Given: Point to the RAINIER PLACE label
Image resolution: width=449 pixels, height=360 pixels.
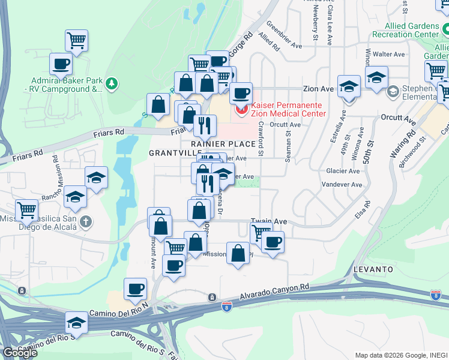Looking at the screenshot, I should [223, 144].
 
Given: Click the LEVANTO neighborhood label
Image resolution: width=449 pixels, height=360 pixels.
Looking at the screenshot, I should [373, 269].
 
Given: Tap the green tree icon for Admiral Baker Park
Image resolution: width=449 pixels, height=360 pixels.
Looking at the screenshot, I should [112, 85].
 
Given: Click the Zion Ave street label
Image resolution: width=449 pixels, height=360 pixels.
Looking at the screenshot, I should [318, 88].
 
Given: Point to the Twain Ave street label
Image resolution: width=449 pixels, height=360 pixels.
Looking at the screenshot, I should [269, 221].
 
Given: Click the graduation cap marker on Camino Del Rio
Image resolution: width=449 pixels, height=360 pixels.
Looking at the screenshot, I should [76, 323].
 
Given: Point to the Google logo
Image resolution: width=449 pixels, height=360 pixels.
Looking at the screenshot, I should [20, 353].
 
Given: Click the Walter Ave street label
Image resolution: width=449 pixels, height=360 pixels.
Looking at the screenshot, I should [390, 54].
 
